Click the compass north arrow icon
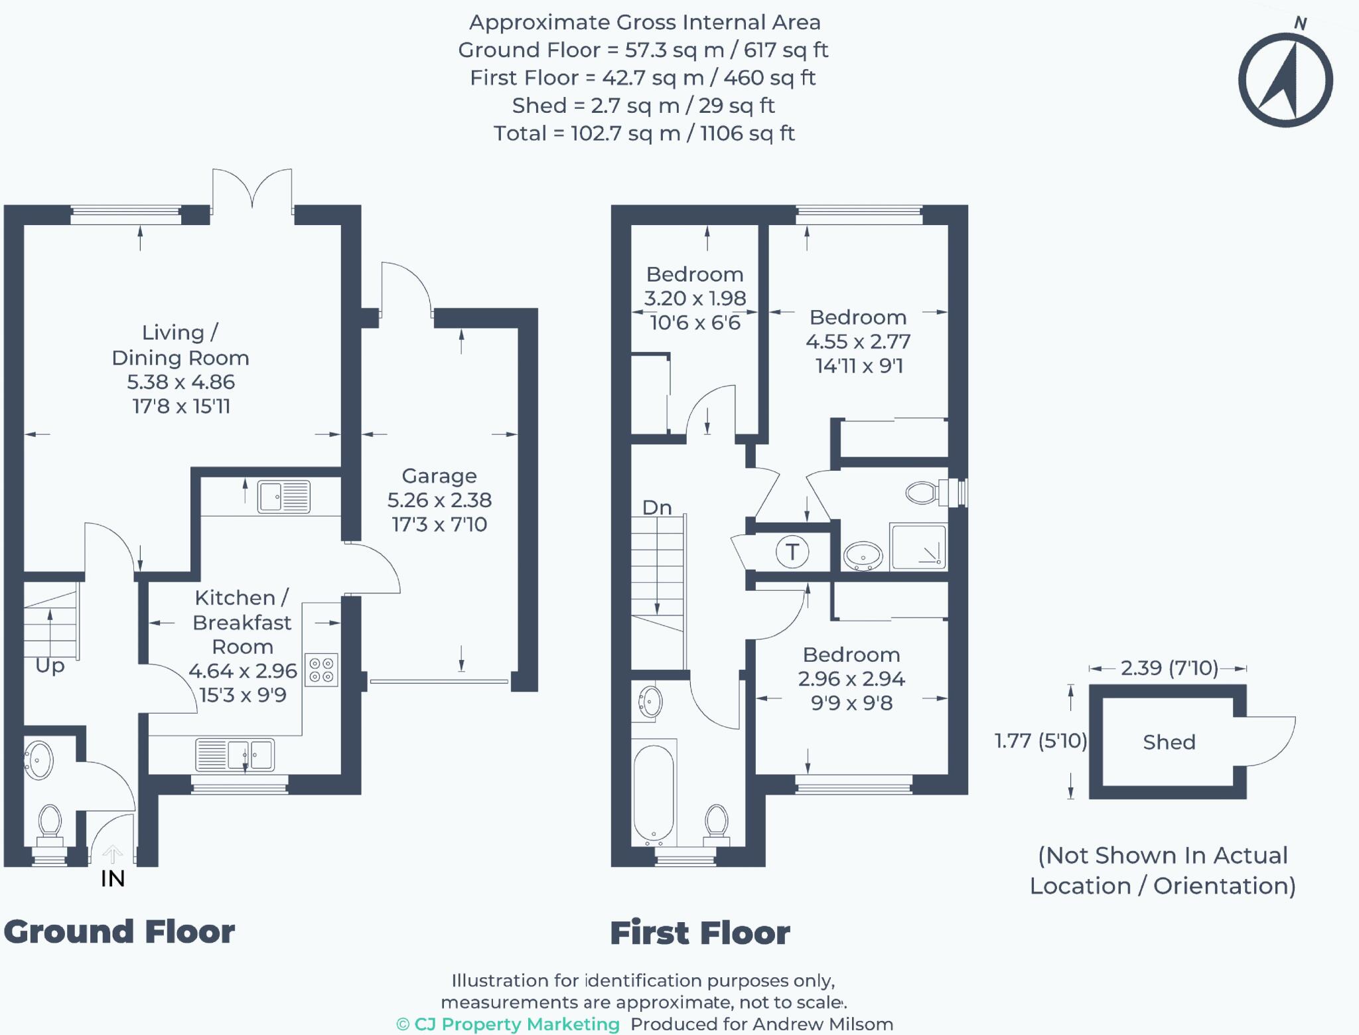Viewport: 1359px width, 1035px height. coord(1285,80)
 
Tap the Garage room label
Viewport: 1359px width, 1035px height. coord(439,476)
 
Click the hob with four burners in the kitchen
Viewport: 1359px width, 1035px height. coord(321,670)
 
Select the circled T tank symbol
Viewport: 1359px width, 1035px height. coord(792,552)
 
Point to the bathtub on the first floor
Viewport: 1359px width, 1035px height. coord(654,793)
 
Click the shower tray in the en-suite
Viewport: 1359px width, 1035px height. coord(918,547)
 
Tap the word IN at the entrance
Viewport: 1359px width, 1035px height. coord(113,878)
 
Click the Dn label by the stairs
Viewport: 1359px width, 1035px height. coord(657,508)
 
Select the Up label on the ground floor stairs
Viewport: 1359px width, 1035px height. coord(50,665)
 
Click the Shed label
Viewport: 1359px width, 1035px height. coord(1169,742)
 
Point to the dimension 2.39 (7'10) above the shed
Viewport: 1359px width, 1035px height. coord(1169,668)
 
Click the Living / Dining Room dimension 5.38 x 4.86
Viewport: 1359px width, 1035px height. coord(180,382)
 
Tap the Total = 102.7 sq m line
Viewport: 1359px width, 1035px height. coord(644,133)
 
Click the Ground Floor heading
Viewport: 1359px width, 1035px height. coord(119,931)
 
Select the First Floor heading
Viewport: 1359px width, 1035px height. coord(700,933)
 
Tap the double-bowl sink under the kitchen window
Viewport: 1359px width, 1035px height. coord(235,756)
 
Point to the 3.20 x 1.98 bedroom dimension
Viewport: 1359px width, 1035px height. coord(695,298)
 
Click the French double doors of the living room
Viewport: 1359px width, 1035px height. coord(252,189)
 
